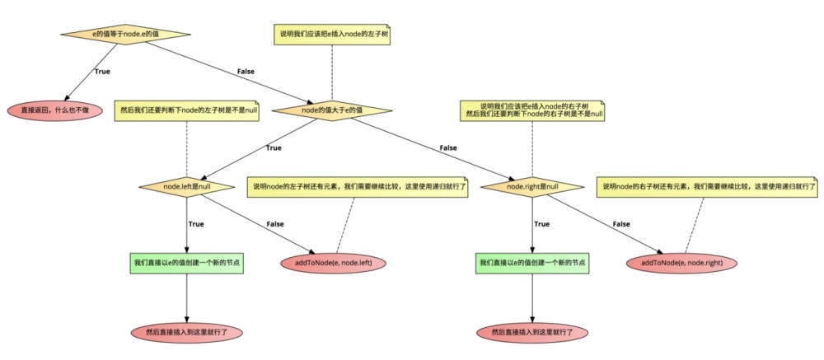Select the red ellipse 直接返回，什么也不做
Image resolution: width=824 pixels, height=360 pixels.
[55, 110]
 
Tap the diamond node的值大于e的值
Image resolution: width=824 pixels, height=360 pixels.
[332, 110]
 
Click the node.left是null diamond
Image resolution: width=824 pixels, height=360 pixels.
[187, 187]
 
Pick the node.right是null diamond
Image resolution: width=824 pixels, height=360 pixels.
[532, 187]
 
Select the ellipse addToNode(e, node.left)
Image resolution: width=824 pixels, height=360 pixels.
[333, 263]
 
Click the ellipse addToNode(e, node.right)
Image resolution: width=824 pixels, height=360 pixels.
[681, 263]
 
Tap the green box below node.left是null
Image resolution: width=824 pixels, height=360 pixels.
[187, 263]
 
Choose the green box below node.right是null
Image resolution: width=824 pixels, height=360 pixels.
[532, 263]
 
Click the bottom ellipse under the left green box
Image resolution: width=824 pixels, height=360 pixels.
[187, 332]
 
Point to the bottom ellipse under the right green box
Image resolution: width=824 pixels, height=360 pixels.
[532, 332]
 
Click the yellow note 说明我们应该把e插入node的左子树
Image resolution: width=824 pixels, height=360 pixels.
[332, 35]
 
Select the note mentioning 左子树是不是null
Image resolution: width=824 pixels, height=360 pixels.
[187, 110]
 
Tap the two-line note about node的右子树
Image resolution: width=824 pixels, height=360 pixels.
[532, 110]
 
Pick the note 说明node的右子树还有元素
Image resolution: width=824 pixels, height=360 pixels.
[708, 187]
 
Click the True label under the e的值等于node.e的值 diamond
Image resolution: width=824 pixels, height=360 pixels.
[102, 72]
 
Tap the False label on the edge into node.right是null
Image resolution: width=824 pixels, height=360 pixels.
[448, 148]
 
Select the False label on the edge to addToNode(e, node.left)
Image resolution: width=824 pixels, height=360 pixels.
[274, 224]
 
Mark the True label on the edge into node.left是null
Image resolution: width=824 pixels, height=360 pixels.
[273, 148]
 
